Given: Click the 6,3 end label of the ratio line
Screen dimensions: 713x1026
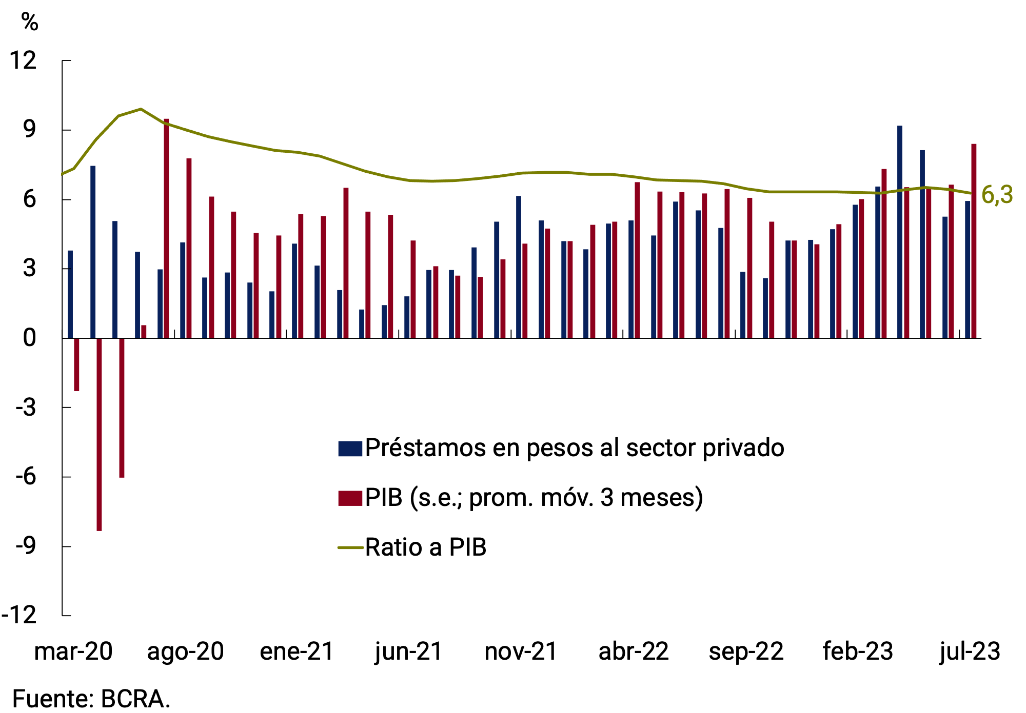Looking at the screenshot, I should pyautogui.click(x=997, y=195).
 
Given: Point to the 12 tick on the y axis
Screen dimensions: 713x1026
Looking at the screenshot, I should pyautogui.click(x=24, y=60).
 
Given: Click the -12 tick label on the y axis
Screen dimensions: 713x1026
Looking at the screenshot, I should pyautogui.click(x=19, y=615).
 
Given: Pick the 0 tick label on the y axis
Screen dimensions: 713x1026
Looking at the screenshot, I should pyautogui.click(x=30, y=338).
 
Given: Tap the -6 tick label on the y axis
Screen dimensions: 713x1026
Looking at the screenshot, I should pyautogui.click(x=26, y=476).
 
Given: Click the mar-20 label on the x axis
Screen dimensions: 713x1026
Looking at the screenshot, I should pyautogui.click(x=73, y=651).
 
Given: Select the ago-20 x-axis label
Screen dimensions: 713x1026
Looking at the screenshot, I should pyautogui.click(x=185, y=651).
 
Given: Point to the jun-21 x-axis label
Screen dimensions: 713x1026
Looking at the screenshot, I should pyautogui.click(x=409, y=651).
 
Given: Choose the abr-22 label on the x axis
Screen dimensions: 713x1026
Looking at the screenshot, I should pyautogui.click(x=634, y=651).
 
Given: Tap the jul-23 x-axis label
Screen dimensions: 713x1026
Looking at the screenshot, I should pyautogui.click(x=970, y=651).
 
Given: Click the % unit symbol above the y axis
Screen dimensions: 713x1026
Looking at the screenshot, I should pyautogui.click(x=30, y=22).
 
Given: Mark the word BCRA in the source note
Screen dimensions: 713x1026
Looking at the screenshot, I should pyautogui.click(x=134, y=699).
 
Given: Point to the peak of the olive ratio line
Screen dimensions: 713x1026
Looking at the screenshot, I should pyautogui.click(x=141, y=109).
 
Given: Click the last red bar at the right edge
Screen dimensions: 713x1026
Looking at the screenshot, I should pyautogui.click(x=974, y=241).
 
